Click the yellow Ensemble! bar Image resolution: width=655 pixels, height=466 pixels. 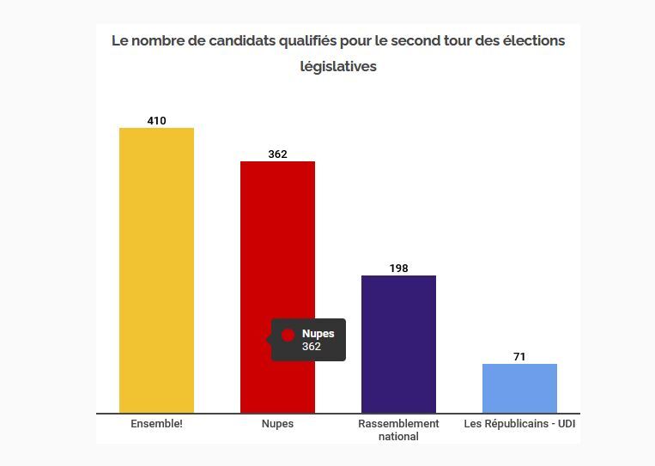(156, 270)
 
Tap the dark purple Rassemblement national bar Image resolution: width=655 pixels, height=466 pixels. (398, 343)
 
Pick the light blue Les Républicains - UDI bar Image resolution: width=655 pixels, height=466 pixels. (519, 388)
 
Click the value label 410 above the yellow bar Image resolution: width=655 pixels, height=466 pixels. (156, 121)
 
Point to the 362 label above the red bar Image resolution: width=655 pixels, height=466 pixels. (277, 154)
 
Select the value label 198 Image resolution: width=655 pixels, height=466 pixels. (398, 269)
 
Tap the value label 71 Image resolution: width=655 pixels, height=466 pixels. (519, 357)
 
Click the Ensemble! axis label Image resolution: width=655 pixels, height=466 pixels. (156, 424)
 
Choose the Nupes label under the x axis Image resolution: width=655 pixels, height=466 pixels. (277, 424)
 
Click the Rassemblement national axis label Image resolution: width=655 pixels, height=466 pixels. (398, 430)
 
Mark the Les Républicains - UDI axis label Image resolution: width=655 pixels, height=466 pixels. (519, 424)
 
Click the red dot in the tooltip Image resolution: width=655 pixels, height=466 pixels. (288, 336)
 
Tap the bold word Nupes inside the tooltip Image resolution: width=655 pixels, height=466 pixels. (318, 334)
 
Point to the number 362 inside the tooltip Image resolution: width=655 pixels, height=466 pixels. (311, 347)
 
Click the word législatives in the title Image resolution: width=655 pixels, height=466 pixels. (338, 66)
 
